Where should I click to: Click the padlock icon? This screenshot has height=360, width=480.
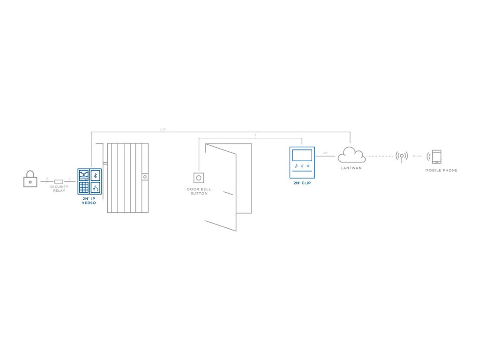point(30,179)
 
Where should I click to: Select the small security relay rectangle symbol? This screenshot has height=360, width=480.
point(59,181)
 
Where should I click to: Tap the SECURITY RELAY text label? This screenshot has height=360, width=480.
point(59,188)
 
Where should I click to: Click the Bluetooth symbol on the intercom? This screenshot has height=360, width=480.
point(95,175)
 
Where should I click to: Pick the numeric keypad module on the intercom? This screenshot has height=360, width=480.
point(83,187)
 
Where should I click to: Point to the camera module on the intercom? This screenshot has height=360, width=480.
point(83,175)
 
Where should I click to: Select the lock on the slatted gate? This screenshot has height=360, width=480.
point(145,177)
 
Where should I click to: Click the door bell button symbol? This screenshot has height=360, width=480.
point(199,178)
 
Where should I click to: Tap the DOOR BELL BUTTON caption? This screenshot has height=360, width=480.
point(199,191)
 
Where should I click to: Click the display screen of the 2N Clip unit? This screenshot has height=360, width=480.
point(302,156)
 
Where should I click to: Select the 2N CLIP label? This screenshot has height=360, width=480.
point(302,183)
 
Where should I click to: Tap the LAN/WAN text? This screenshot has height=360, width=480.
point(351,168)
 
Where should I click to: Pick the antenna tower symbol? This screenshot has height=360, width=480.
point(402,156)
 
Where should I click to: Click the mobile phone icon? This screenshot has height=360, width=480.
point(436,157)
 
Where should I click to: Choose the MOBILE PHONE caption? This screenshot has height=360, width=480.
point(441,170)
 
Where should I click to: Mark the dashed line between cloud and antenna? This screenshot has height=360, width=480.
point(380,156)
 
